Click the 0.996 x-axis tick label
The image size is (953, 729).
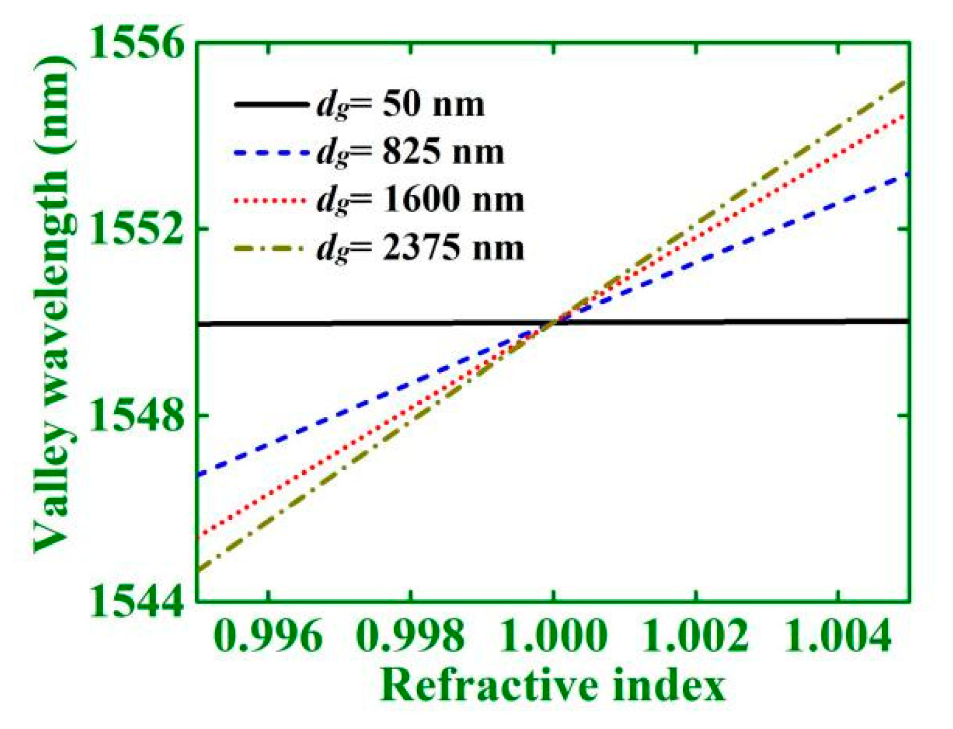click(269, 636)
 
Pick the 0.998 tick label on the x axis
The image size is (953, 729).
click(410, 636)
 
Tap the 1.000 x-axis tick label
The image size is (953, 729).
click(553, 636)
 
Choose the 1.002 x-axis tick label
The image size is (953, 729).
click(695, 636)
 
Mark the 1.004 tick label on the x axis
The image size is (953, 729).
click(837, 636)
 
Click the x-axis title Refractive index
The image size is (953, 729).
click(553, 686)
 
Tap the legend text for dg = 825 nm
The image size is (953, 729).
click(410, 153)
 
